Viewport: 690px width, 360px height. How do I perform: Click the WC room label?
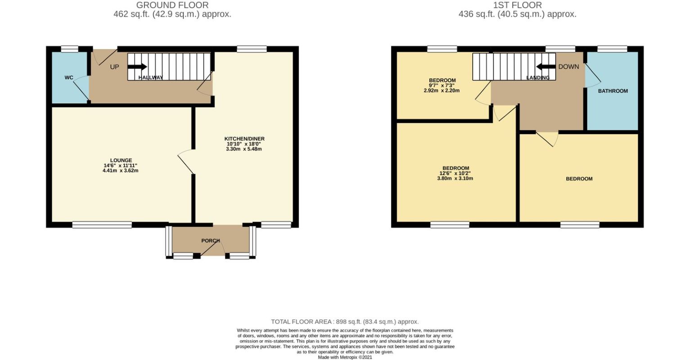coord(68,78)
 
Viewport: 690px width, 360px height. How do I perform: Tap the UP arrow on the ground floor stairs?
coord(137,67)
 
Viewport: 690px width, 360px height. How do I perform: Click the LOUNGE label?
coord(121,160)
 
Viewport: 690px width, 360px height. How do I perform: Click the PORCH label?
coord(210,241)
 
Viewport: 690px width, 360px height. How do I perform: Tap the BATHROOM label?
coord(613,91)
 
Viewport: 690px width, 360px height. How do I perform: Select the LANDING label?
coord(538,78)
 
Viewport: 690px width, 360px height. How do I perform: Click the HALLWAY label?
coord(150,78)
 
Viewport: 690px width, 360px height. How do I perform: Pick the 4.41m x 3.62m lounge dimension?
coord(121,171)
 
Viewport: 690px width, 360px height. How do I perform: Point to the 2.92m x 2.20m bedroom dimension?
coord(442,90)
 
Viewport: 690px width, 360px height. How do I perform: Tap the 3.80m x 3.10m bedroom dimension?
coord(455,178)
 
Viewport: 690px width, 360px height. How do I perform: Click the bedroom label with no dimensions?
coord(579,179)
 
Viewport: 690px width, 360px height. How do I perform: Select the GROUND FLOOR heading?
coord(172,5)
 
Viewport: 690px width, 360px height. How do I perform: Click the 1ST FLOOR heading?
coord(517,5)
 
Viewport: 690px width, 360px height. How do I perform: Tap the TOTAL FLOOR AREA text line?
coord(345,321)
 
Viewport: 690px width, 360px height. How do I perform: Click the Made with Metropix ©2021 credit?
coord(345,357)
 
